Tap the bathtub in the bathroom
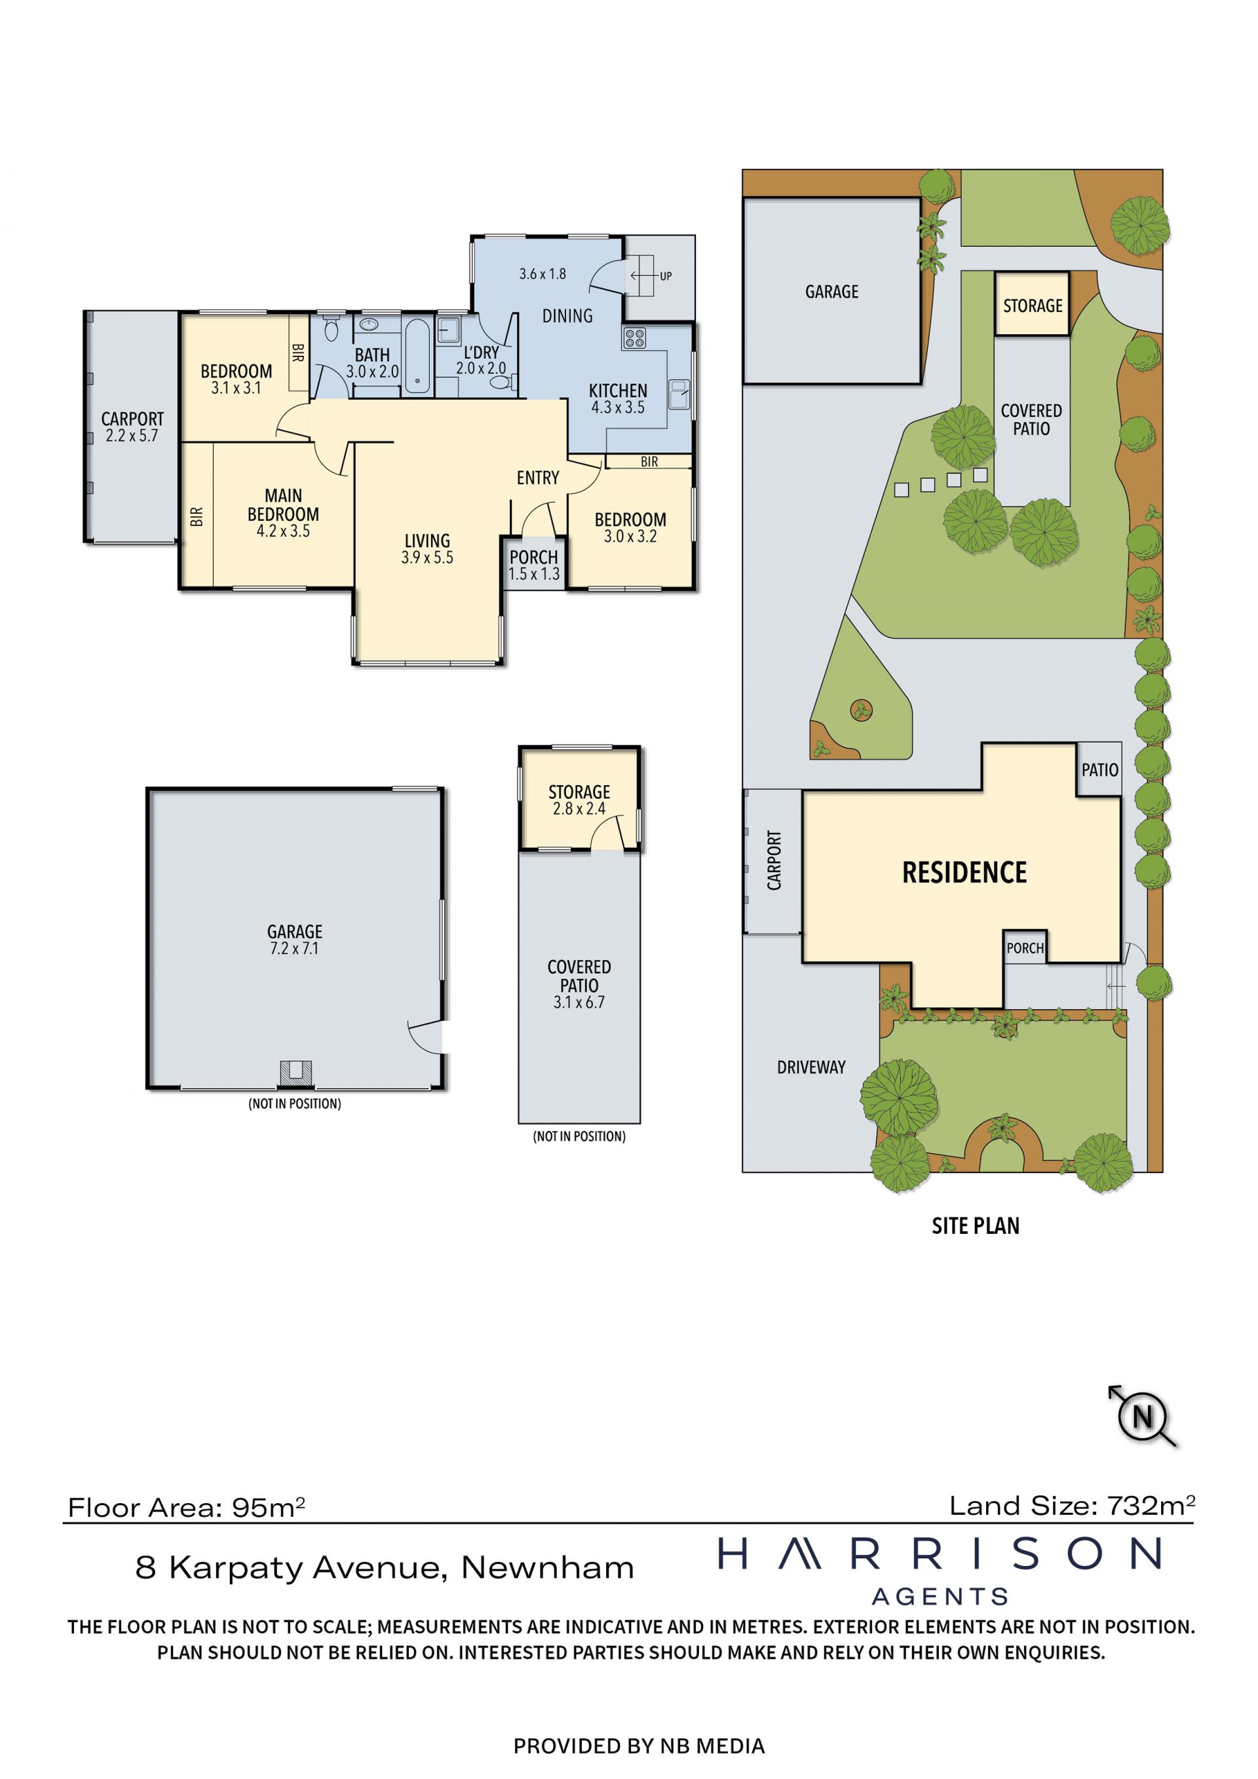(x=417, y=356)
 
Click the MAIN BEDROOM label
(x=284, y=505)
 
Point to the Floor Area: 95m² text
(x=187, y=1507)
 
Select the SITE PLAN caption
(x=975, y=1226)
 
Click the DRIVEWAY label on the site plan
(x=811, y=1067)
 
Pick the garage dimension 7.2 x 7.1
(x=294, y=948)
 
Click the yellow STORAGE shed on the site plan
(x=1033, y=304)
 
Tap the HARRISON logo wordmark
(x=940, y=1554)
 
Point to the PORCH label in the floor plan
(x=534, y=557)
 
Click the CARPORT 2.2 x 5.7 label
(x=132, y=427)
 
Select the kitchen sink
(x=679, y=394)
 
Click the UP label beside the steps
(x=666, y=276)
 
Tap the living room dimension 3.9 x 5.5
(x=427, y=557)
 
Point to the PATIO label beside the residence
(x=1100, y=769)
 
